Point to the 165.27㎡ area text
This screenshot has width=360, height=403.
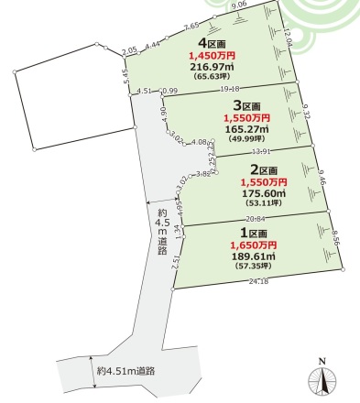[x=246, y=130]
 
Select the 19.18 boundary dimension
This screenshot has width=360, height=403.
[x=228, y=89]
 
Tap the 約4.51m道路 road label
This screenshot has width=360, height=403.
[x=125, y=370]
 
